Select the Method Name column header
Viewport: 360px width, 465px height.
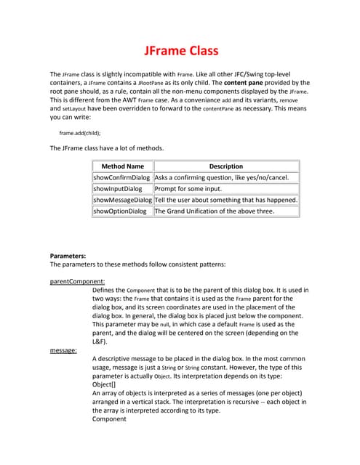(x=122, y=166)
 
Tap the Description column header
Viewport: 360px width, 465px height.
(x=225, y=166)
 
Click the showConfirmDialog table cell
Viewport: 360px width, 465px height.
(x=122, y=177)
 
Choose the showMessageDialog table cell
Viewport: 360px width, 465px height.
(x=122, y=200)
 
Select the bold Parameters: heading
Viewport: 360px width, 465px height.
(x=68, y=256)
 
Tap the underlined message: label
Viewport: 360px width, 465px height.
(x=63, y=350)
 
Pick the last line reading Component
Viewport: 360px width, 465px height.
(x=109, y=419)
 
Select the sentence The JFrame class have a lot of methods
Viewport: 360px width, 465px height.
(x=106, y=148)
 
